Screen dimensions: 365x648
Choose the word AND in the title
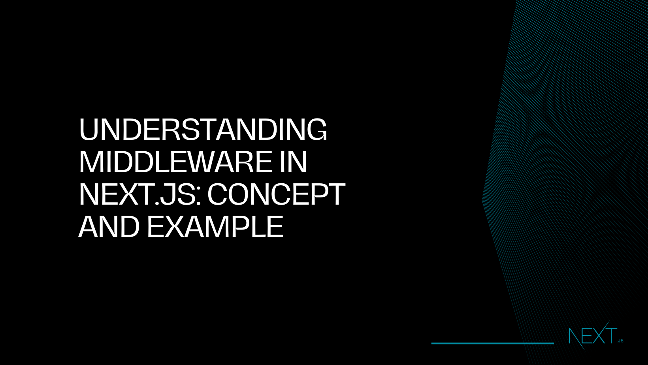coord(109,227)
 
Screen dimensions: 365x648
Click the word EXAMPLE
coord(215,227)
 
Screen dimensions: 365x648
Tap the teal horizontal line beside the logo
coord(492,343)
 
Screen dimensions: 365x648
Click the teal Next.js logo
coord(595,336)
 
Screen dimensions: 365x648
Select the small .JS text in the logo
coord(620,341)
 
